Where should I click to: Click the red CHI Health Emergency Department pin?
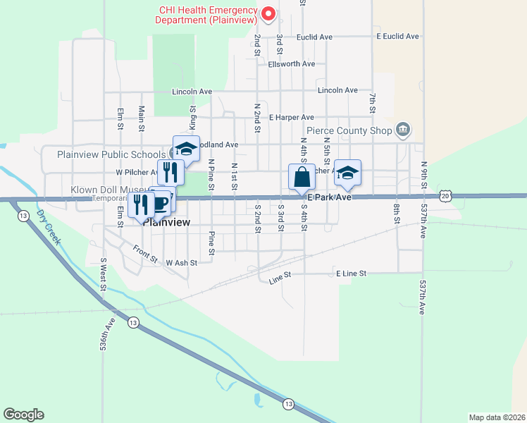(x=268, y=13)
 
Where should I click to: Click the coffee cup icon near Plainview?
(x=161, y=204)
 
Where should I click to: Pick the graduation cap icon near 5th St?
(x=347, y=172)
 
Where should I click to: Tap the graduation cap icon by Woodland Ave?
(x=186, y=148)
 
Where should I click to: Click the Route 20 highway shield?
(x=444, y=195)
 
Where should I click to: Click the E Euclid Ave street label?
(x=397, y=36)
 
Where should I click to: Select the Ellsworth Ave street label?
(x=291, y=64)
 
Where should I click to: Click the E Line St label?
(x=352, y=273)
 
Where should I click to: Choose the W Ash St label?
(x=180, y=263)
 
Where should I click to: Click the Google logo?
(x=23, y=415)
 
